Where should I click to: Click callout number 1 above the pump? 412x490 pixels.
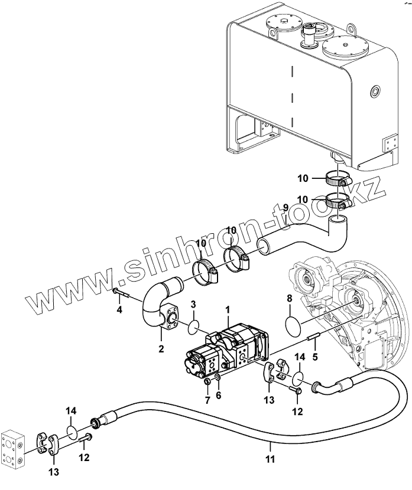(227, 309)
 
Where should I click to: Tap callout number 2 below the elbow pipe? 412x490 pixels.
(161, 349)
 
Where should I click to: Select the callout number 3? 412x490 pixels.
(193, 304)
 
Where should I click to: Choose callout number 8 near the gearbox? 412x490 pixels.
(289, 299)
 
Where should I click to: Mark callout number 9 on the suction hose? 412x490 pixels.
(285, 207)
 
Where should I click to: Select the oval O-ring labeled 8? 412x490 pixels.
(290, 324)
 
